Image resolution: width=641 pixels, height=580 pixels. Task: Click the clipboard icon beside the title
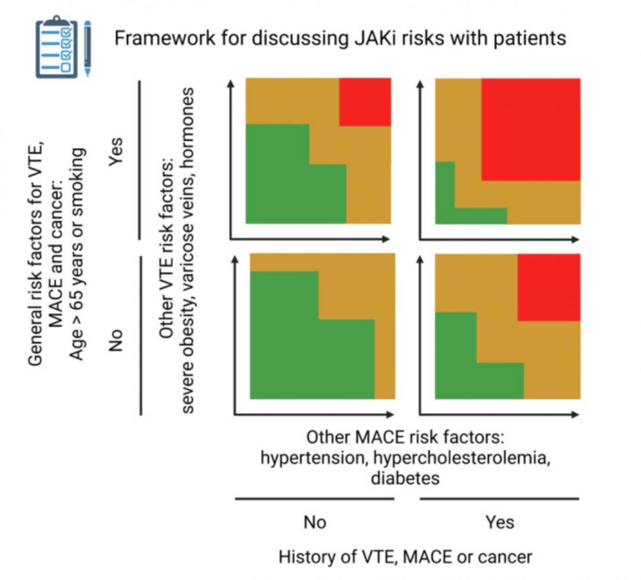click(57, 47)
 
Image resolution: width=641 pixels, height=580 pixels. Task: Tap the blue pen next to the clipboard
click(88, 49)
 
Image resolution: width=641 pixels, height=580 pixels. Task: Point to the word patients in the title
click(529, 39)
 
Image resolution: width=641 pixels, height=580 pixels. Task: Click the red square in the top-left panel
click(365, 102)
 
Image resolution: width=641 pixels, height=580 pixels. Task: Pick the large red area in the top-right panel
click(531, 129)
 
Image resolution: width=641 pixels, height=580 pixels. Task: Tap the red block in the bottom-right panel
click(549, 287)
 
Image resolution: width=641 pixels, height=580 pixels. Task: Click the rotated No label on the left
click(116, 341)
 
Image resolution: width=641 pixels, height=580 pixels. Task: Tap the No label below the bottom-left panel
click(315, 522)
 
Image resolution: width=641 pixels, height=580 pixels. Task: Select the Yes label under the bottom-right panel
click(500, 522)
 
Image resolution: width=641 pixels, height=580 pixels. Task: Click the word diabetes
click(405, 478)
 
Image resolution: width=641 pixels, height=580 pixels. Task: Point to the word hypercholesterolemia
click(462, 458)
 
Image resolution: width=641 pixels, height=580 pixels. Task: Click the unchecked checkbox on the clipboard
click(66, 67)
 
